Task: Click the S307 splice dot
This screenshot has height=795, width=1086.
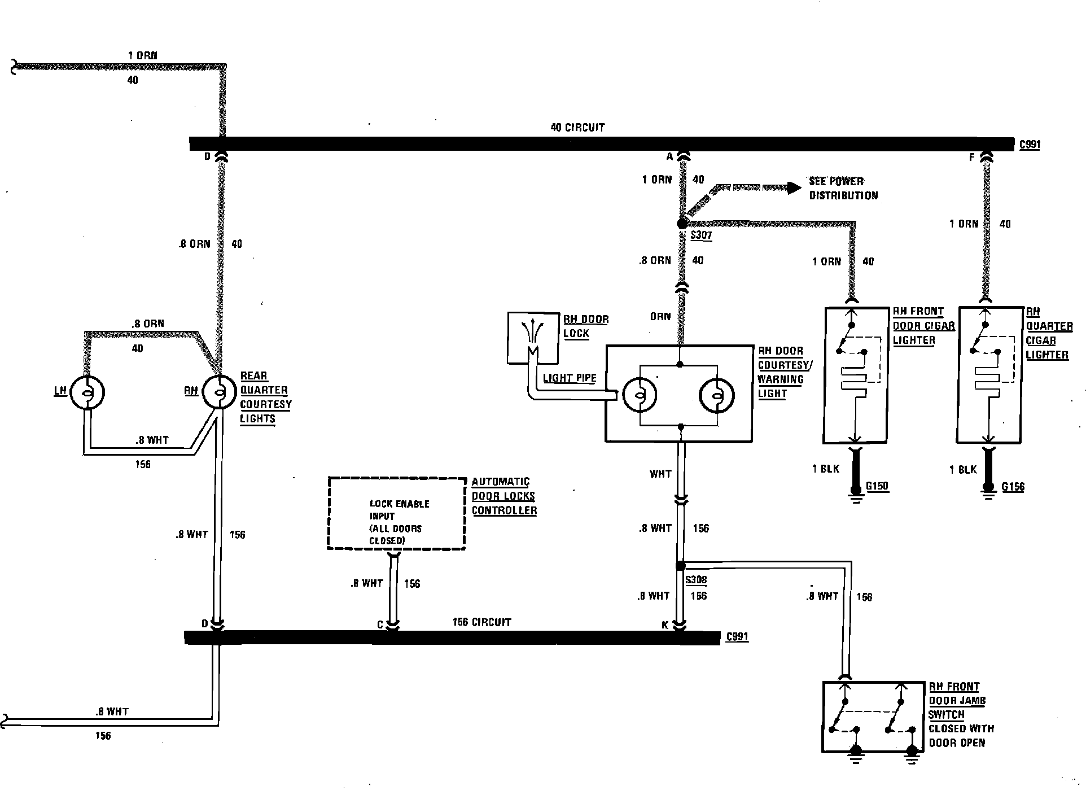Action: [682, 224]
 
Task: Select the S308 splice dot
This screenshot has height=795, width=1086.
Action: [681, 566]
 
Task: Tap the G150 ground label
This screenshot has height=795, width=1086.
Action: [877, 486]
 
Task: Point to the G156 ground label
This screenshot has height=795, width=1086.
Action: [1013, 487]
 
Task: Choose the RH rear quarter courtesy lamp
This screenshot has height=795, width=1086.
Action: [219, 391]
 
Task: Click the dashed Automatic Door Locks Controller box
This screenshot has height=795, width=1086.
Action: [396, 513]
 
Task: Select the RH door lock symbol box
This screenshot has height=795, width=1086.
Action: [533, 338]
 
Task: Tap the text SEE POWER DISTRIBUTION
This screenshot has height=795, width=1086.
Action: [843, 189]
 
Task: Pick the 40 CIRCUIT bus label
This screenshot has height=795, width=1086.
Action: [577, 128]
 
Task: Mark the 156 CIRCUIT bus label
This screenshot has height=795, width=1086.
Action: [481, 622]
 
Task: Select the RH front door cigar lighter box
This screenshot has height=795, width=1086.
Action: [856, 375]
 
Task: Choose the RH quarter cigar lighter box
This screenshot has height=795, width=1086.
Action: [990, 375]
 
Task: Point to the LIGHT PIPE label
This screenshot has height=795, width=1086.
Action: [569, 378]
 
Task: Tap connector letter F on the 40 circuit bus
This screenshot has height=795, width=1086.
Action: [972, 158]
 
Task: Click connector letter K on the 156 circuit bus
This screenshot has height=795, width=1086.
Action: [665, 625]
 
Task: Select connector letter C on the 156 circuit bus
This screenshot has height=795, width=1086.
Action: [380, 625]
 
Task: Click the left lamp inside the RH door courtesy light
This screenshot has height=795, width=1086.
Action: [640, 394]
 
